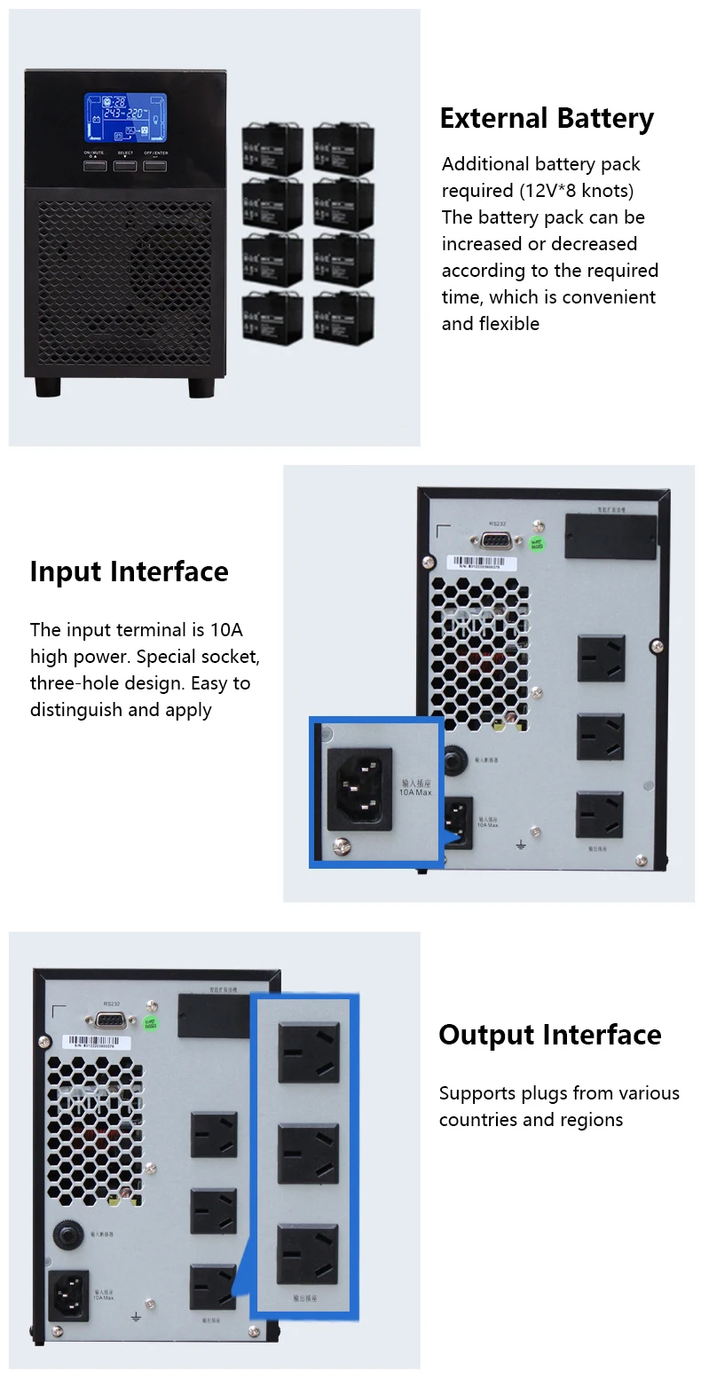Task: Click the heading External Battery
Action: click(547, 119)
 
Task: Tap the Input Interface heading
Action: click(129, 571)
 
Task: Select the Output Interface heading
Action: click(549, 1035)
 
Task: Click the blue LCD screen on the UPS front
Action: click(126, 118)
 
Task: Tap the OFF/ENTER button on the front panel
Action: click(155, 166)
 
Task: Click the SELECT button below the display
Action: click(125, 166)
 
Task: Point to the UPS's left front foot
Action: click(49, 387)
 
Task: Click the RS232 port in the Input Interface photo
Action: click(498, 539)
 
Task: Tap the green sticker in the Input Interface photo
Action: click(537, 543)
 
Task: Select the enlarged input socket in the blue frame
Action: click(359, 786)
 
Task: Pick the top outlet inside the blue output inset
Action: click(308, 1052)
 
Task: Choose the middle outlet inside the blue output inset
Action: click(308, 1154)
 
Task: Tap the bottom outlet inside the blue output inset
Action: click(308, 1254)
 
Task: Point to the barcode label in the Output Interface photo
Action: click(98, 1041)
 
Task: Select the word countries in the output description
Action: click(478, 1120)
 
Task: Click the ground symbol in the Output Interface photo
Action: click(136, 1317)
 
